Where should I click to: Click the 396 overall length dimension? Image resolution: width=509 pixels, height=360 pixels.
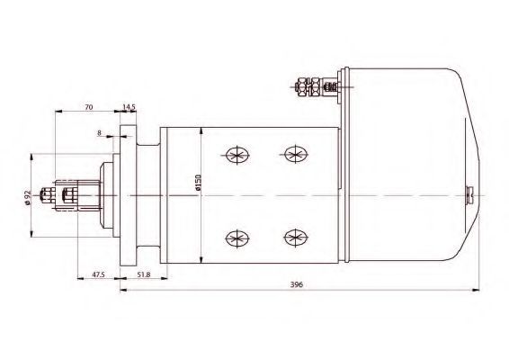(x=297, y=284)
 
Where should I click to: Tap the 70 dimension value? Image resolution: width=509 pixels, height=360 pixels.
(x=89, y=106)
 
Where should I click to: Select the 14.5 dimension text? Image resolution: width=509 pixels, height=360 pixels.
(x=129, y=106)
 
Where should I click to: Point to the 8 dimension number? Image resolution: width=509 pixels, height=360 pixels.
(x=99, y=132)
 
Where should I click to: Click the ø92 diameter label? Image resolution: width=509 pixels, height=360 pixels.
(x=27, y=197)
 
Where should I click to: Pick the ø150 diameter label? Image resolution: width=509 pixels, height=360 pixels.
(x=199, y=183)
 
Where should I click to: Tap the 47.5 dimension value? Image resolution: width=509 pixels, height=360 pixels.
(x=98, y=274)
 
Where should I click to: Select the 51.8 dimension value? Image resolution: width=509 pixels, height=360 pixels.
(x=144, y=274)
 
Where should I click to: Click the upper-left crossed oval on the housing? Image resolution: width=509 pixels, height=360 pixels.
(x=237, y=155)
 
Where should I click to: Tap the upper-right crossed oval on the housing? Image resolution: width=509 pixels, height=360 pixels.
(x=296, y=154)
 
